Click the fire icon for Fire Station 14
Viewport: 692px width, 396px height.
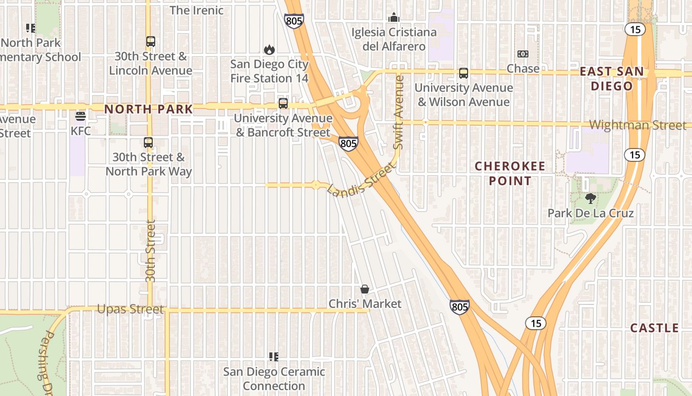tap(269, 49)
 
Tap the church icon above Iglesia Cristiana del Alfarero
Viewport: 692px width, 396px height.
tap(394, 18)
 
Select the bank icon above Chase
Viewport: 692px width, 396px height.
tap(523, 53)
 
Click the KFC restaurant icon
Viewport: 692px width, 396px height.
tap(80, 117)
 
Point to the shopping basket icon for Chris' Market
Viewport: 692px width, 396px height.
tap(365, 289)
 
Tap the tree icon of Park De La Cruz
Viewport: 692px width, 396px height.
tap(590, 199)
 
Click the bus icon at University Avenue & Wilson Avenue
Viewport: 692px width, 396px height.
tap(464, 73)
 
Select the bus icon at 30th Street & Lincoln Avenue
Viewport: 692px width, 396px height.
tap(151, 42)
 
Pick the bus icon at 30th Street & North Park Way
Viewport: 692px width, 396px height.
tap(148, 143)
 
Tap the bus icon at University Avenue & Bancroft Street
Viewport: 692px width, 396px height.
tap(283, 103)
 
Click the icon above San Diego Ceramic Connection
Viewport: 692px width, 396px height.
tap(274, 356)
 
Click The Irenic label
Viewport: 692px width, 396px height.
tap(197, 10)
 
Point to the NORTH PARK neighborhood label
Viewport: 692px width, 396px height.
tap(149, 109)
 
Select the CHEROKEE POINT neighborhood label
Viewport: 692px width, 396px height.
tap(510, 173)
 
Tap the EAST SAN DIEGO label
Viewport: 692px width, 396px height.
tap(612, 79)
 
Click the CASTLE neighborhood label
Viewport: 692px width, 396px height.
tap(654, 328)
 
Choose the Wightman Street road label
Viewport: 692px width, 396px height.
tap(638, 125)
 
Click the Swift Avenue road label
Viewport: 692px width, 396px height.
tap(399, 112)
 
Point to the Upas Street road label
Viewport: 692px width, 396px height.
tap(130, 309)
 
